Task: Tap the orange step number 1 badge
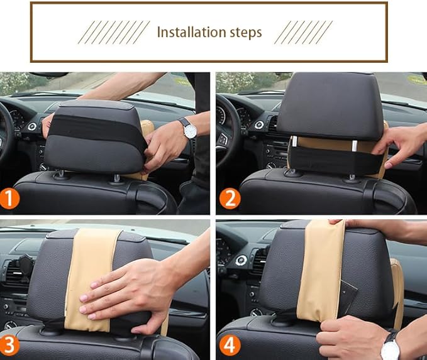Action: click(x=9, y=199)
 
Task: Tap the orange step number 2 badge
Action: click(x=230, y=199)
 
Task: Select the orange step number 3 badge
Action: click(x=9, y=346)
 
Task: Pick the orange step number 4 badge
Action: click(x=230, y=346)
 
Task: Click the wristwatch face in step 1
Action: click(x=190, y=131)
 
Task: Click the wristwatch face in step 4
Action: click(x=390, y=351)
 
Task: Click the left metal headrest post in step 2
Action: click(x=294, y=142)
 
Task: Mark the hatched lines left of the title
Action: click(x=114, y=32)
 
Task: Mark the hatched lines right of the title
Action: click(x=303, y=32)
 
